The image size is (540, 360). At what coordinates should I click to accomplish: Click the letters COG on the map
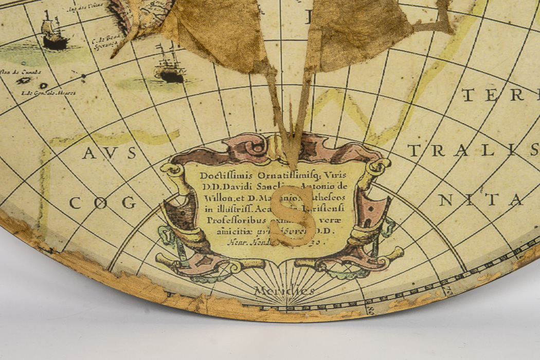coord(103,203)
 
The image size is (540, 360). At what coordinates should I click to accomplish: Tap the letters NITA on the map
coord(480,200)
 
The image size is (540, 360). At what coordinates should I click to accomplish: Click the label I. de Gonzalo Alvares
coord(48,93)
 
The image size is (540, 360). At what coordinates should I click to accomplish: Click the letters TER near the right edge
coord(499,95)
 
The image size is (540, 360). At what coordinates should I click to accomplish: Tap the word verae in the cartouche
coord(335,220)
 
